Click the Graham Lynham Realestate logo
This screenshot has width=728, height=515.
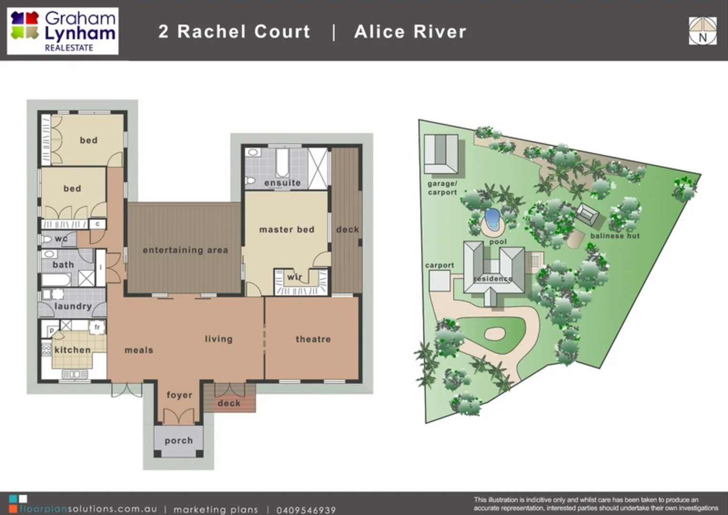point(63,31)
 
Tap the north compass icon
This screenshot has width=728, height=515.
point(702,31)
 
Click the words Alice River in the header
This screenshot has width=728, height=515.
point(410,31)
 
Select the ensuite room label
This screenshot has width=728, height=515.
point(283,183)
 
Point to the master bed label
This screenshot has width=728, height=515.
point(287,229)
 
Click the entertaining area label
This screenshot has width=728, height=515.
point(185,250)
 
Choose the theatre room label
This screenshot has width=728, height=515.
point(313,339)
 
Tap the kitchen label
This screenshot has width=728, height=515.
point(72,350)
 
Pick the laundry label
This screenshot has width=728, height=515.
point(73,306)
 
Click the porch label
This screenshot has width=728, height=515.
point(179,441)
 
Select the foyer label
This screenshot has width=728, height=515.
point(179,395)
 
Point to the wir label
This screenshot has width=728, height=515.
point(294,277)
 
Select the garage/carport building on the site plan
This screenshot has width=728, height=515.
point(441,154)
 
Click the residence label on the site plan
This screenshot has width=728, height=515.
point(493,278)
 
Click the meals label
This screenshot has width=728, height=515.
point(139,350)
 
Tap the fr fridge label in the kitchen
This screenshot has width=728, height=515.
point(97,327)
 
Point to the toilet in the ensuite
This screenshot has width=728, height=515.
point(250,181)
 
